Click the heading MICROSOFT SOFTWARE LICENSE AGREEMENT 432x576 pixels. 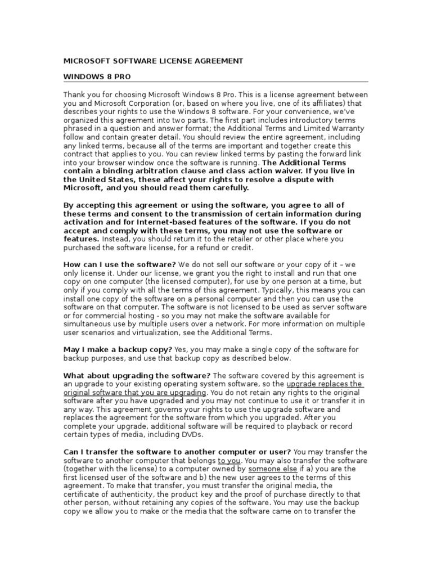click(153, 61)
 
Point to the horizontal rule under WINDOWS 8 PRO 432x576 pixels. click(215, 82)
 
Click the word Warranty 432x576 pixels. click(348, 128)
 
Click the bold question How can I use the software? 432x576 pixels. click(120, 264)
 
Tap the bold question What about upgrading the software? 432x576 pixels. click(137, 375)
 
